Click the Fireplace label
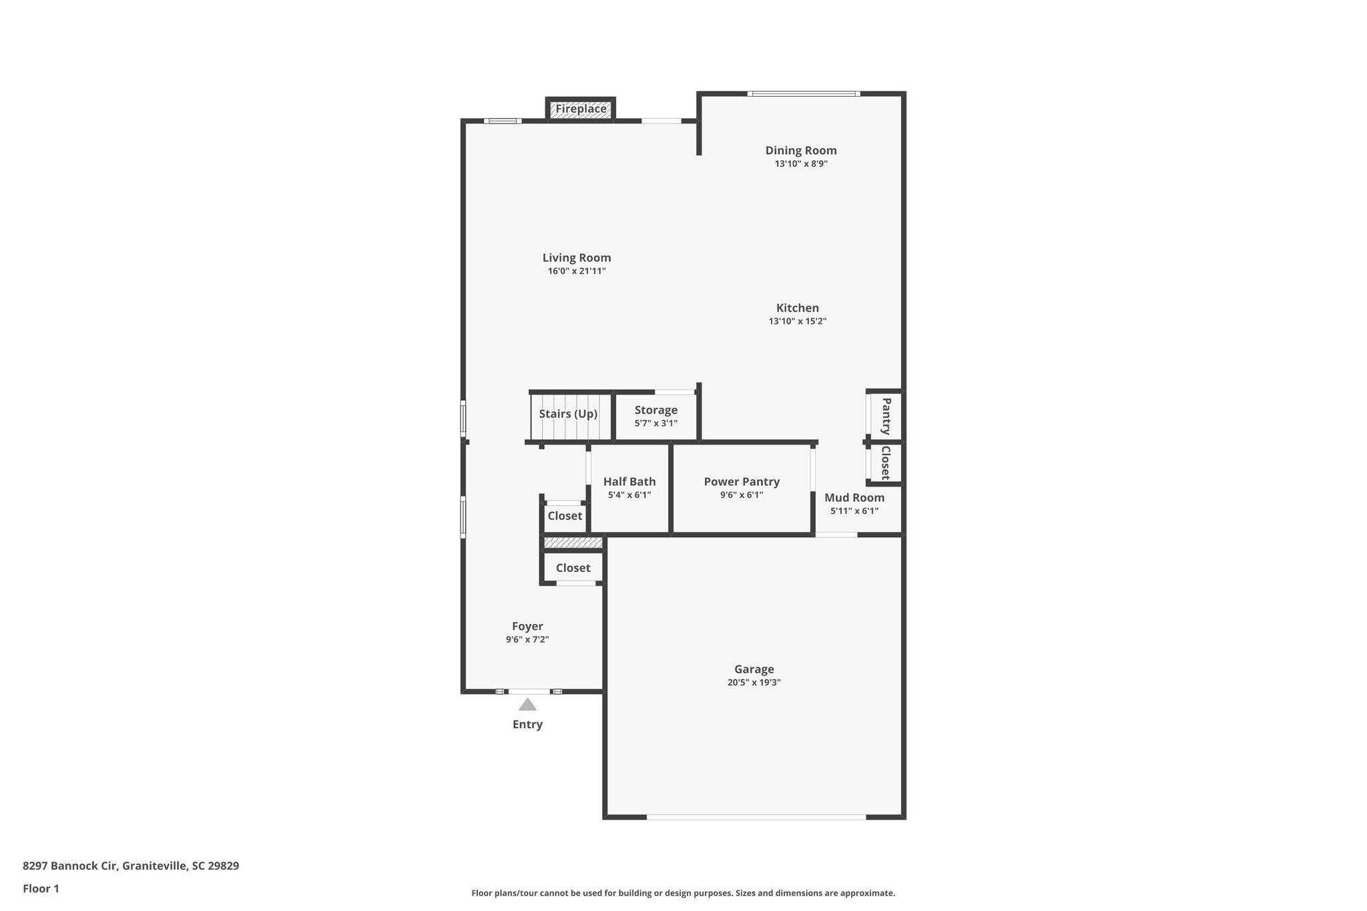581,109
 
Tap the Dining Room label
801,151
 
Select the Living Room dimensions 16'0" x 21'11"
577,271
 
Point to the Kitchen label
798,308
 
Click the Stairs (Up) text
568,414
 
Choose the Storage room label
656,410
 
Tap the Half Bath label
629,482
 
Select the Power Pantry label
742,482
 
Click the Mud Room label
854,498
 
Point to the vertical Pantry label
886,416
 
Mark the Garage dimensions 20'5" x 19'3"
754,683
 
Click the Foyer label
527,627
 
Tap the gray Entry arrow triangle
527,704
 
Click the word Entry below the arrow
527,725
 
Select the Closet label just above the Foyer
573,568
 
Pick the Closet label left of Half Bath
565,516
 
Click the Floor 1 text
41,889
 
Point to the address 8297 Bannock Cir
70,866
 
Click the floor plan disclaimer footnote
683,893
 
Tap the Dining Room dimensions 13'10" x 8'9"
801,164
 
